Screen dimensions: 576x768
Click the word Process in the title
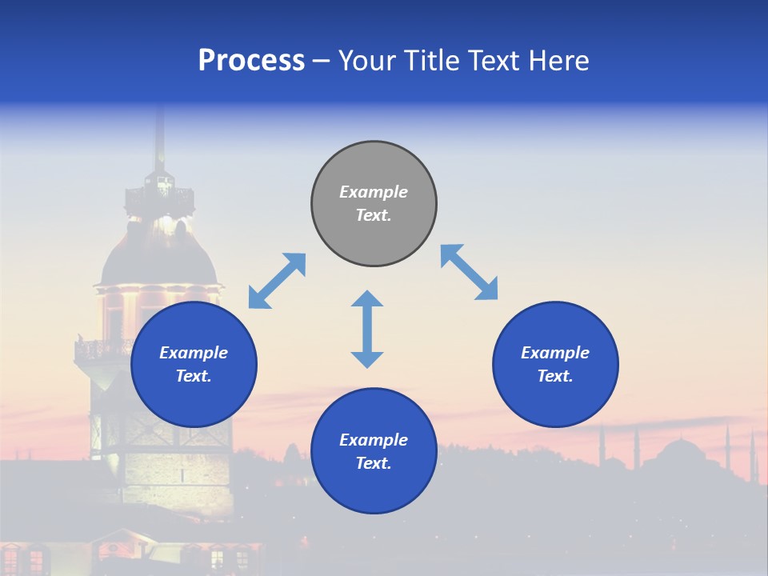(x=251, y=61)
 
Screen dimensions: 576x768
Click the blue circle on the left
(x=194, y=364)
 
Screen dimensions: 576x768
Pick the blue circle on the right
(x=555, y=364)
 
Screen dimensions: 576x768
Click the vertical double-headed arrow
(x=367, y=329)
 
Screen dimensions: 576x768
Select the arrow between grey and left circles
(x=277, y=281)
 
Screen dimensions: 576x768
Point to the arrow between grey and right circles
(x=469, y=272)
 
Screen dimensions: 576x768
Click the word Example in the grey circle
(x=374, y=192)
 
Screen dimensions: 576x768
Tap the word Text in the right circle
(x=554, y=376)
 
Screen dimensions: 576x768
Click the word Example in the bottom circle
(x=374, y=440)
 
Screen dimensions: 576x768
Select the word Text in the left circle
(x=193, y=376)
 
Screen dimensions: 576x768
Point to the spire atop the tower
(x=159, y=136)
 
